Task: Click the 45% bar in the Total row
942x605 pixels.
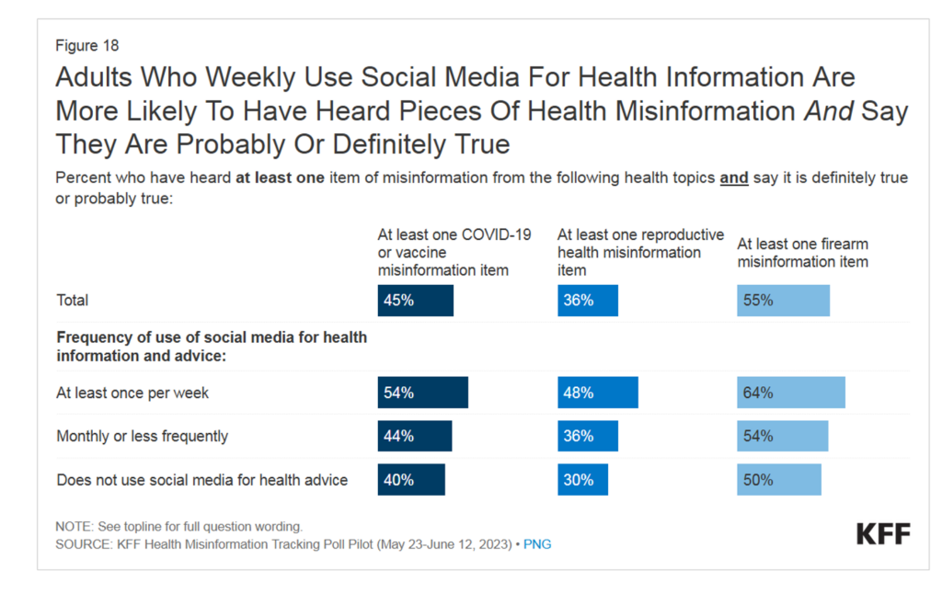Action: pos(415,301)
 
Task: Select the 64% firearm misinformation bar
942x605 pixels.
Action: pos(790,393)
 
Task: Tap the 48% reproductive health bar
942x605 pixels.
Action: pos(597,393)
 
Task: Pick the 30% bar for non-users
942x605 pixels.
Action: pos(582,479)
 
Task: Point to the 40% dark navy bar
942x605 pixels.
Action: pos(411,479)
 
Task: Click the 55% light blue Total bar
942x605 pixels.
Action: pos(783,301)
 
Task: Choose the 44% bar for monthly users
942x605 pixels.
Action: pos(414,436)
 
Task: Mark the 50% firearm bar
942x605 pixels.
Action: pos(778,479)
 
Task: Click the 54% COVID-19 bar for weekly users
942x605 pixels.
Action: pos(422,393)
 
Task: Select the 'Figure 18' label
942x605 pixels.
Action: pos(87,45)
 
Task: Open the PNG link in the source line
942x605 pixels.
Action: pos(537,544)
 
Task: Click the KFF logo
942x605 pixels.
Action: pos(883,534)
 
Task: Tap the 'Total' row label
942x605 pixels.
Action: pos(73,301)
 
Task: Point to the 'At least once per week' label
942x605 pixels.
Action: pos(132,393)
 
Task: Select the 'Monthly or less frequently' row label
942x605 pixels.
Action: pos(142,436)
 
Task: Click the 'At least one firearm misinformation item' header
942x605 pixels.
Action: pos(802,253)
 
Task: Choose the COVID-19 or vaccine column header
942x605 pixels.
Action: pos(454,252)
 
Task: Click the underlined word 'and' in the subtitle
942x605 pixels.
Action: pos(733,177)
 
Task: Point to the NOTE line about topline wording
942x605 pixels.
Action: pos(178,527)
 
